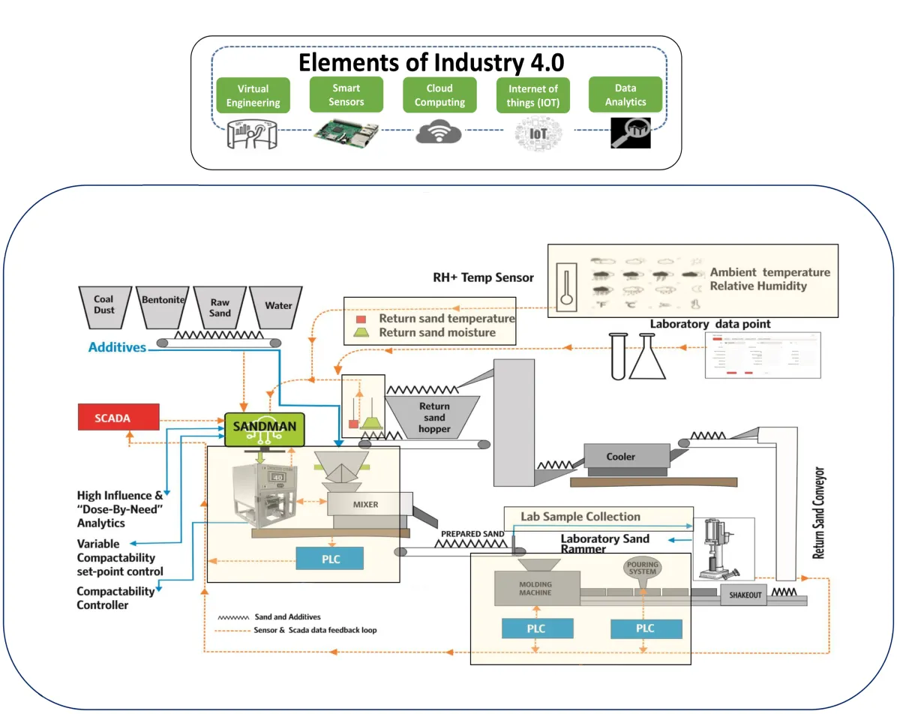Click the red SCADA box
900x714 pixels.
coord(118,418)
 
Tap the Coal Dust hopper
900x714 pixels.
coord(104,305)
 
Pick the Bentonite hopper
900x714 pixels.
coord(162,304)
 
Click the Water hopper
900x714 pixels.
coord(277,305)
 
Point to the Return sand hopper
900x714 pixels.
coord(434,417)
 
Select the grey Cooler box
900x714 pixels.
coord(620,456)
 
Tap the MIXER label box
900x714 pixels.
coord(366,505)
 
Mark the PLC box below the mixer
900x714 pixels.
coord(330,559)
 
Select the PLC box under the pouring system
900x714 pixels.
coord(646,628)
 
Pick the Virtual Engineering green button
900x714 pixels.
coord(253,96)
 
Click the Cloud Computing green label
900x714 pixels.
coord(439,95)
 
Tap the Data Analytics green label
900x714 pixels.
coord(625,95)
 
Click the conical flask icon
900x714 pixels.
coord(646,358)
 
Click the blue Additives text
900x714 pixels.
coord(117,347)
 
